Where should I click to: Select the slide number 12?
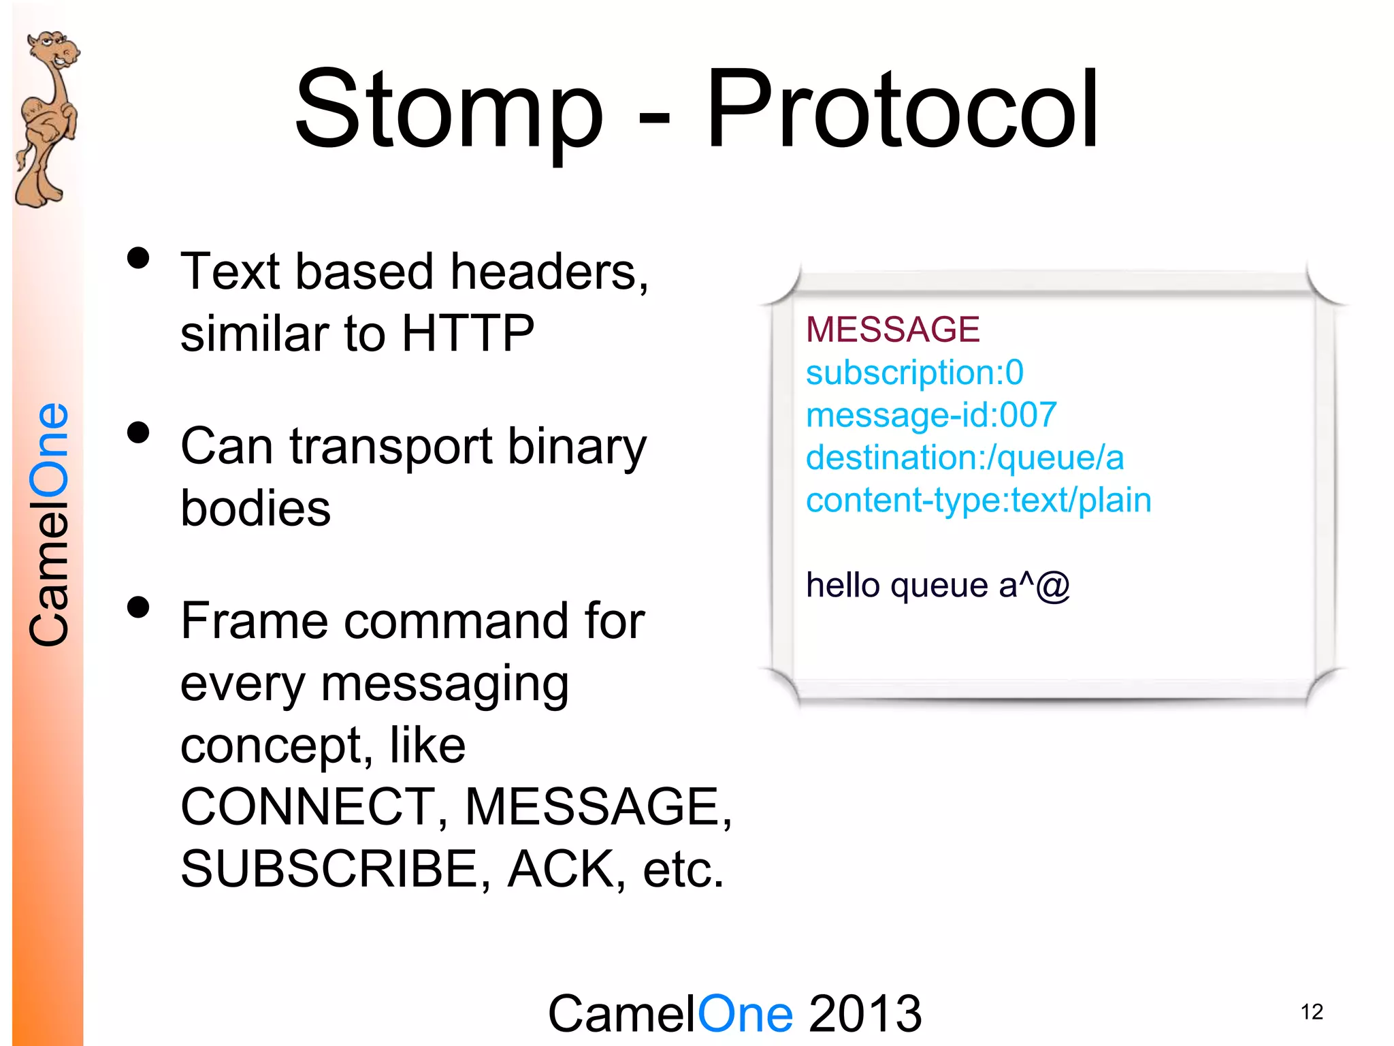[1312, 1012]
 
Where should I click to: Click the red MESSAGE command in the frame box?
[892, 330]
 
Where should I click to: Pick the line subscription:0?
[914, 373]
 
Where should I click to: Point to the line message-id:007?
[930, 415]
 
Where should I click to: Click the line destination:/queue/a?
[965, 458]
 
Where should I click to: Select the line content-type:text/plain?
[978, 500]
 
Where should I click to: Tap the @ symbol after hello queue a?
[1053, 586]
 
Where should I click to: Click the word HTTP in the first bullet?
[468, 334]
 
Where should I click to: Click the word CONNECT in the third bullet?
[308, 807]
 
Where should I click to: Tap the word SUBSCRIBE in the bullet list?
[329, 870]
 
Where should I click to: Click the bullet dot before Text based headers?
[138, 259]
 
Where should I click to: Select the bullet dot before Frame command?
[138, 607]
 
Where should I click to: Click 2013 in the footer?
[864, 1013]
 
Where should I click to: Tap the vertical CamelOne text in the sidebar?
[49, 524]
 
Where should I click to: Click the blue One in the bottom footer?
[745, 1013]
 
